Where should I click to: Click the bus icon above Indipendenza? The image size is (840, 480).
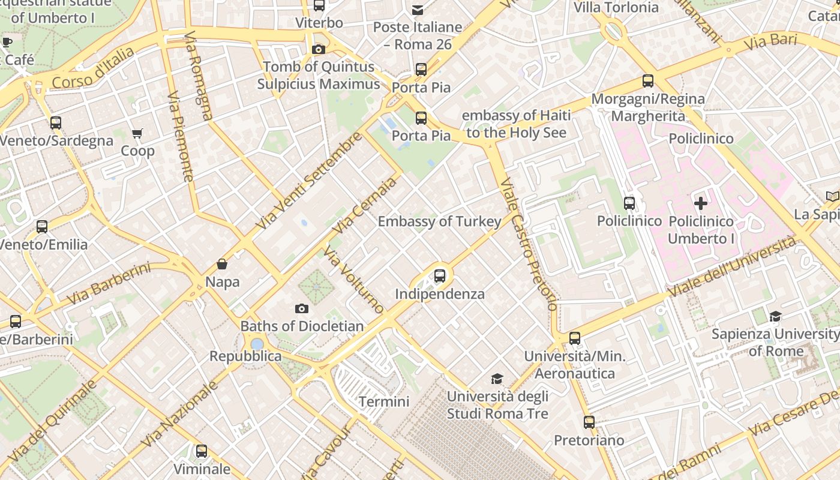tap(440, 276)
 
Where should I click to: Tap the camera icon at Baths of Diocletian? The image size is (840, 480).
tap(302, 308)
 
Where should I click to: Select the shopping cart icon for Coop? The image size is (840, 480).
tap(137, 133)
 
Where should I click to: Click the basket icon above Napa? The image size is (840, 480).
tap(222, 264)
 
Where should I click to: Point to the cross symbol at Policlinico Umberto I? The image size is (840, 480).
tap(700, 203)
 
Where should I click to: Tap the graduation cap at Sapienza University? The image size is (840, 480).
tap(775, 316)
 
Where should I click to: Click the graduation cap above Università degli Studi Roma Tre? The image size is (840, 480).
tap(497, 379)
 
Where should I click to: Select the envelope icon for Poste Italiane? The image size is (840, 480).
tap(418, 10)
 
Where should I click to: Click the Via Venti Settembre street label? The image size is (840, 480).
tap(310, 181)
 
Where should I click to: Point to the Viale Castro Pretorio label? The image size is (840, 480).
tap(528, 243)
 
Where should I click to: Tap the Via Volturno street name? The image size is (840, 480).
tap(354, 279)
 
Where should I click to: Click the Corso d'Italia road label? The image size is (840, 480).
tap(93, 67)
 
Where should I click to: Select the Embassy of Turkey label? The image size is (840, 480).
tap(439, 221)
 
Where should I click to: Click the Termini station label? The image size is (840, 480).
tap(384, 401)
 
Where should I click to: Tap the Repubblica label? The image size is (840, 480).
tap(245, 356)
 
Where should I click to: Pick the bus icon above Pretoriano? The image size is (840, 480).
tap(589, 422)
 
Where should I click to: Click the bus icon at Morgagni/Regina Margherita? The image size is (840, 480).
tap(647, 80)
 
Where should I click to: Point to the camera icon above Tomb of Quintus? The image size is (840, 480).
tap(318, 49)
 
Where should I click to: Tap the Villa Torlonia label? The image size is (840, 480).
tap(616, 8)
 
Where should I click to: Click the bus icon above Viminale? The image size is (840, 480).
tap(202, 451)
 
